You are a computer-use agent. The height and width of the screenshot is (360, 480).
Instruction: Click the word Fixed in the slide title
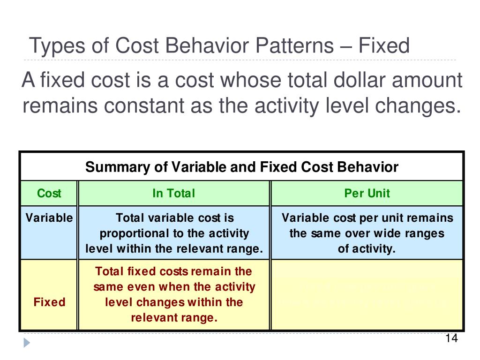pyautogui.click(x=384, y=46)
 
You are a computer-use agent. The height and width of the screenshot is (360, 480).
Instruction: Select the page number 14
pyautogui.click(x=451, y=339)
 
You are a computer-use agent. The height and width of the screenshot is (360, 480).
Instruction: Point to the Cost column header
pyautogui.click(x=49, y=193)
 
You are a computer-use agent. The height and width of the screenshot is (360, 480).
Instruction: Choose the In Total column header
pyautogui.click(x=173, y=193)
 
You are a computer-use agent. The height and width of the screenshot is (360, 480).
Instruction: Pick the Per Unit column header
pyautogui.click(x=367, y=193)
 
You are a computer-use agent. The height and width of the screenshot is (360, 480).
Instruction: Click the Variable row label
pyautogui.click(x=49, y=218)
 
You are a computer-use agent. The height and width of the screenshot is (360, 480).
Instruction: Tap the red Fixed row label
pyautogui.click(x=49, y=302)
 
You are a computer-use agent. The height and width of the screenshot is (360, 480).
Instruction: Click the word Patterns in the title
pyautogui.click(x=292, y=46)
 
